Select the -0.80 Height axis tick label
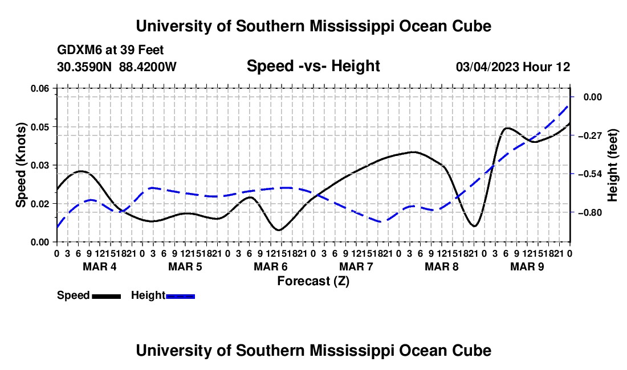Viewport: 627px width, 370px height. (590, 213)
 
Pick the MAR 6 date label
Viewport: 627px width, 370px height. (271, 266)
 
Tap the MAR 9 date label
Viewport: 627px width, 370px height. (527, 266)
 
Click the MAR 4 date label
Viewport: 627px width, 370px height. (100, 266)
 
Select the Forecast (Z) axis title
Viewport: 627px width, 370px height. (313, 281)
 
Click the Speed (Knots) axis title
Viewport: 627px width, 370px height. (21, 165)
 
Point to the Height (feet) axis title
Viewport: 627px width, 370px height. (612, 165)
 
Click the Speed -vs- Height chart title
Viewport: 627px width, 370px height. (313, 66)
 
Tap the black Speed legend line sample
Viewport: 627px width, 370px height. (107, 297)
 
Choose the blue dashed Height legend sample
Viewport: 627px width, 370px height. (180, 297)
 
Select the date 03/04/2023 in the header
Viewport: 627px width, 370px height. (487, 67)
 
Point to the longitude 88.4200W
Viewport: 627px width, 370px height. (148, 67)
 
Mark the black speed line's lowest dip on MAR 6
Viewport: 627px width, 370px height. (279, 231)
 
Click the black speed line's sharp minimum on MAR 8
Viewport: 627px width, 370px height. (474, 227)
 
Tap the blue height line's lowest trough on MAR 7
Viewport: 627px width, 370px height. (381, 221)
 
